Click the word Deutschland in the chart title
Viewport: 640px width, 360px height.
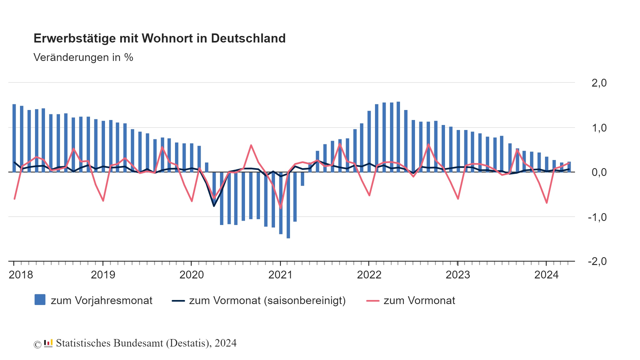248,38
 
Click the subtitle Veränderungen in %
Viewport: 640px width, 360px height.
83,57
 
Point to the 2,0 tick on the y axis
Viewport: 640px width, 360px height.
599,83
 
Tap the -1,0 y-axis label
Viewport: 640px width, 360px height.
597,217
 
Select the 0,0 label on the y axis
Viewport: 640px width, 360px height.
599,172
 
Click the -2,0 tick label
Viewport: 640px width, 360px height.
597,261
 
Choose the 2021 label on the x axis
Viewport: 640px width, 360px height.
280,275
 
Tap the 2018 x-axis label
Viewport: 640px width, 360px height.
21,275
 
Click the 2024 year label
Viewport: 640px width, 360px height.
546,275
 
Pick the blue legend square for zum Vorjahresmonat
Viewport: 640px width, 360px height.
40,300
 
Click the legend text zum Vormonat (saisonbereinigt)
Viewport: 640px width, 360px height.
267,301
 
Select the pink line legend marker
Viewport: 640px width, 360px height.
372,301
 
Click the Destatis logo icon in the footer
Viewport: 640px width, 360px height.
48,343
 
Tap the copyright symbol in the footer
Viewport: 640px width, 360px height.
37,344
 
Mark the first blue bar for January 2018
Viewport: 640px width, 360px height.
14,137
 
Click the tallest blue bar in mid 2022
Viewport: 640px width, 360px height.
398,137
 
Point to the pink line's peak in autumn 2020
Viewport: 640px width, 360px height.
251,145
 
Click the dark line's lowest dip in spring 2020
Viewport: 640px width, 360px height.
214,206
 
